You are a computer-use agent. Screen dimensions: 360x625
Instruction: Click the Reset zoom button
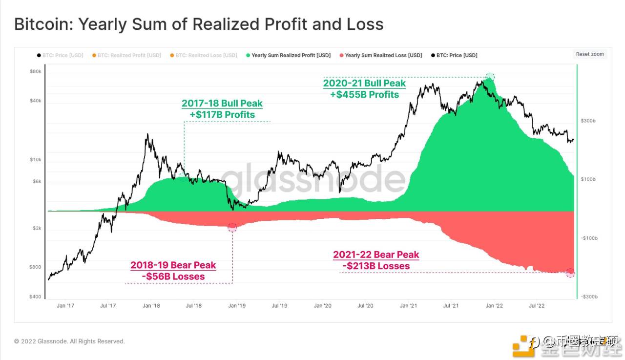(x=590, y=54)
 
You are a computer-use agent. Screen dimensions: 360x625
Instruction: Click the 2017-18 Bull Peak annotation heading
(x=222, y=104)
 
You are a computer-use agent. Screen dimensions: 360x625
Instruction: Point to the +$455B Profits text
(x=364, y=94)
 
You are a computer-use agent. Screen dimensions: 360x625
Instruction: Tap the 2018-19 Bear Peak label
(x=173, y=265)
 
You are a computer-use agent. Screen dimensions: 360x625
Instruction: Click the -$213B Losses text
(x=376, y=266)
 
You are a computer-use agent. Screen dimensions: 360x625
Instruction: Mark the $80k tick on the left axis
(x=36, y=71)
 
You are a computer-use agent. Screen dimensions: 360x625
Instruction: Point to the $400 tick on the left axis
(x=36, y=296)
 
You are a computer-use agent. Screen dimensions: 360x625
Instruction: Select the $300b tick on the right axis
(x=588, y=121)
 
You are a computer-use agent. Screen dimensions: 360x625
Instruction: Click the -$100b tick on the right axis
(x=589, y=238)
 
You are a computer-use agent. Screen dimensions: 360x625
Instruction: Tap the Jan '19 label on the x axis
(x=237, y=306)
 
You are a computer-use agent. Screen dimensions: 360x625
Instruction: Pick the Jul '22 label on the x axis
(x=537, y=306)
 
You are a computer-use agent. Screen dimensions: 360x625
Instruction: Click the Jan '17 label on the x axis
(x=65, y=306)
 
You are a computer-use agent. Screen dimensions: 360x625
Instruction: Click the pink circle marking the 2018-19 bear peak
(x=232, y=227)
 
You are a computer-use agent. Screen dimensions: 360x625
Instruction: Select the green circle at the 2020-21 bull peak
(x=490, y=77)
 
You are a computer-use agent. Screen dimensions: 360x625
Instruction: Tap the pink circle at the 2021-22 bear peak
(x=570, y=273)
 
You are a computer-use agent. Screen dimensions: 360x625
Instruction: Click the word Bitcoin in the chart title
(x=42, y=24)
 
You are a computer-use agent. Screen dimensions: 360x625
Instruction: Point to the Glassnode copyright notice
(x=69, y=341)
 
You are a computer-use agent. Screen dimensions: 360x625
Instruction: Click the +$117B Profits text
(x=222, y=115)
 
